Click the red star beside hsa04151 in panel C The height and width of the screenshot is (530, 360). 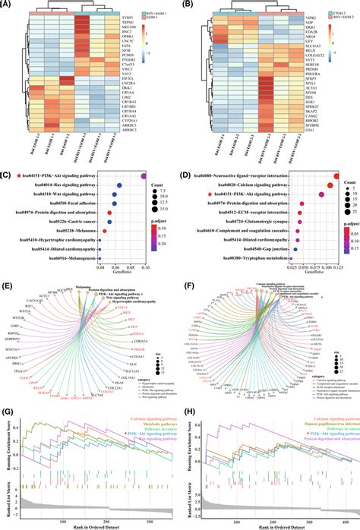pos(15,177)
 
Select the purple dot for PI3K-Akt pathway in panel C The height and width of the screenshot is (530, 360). pos(144,177)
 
